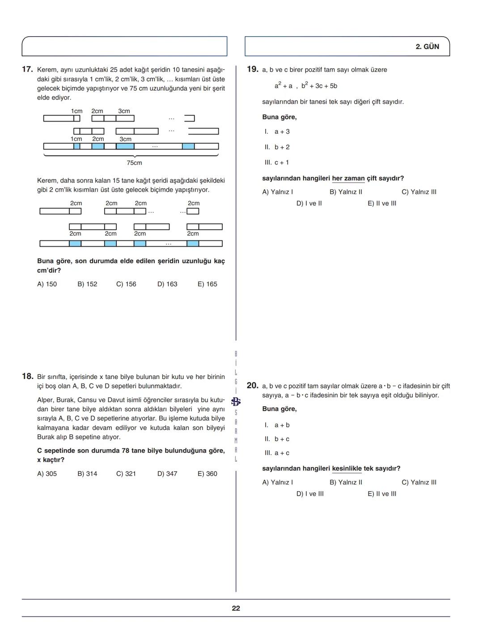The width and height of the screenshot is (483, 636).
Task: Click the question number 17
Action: [x=27, y=69]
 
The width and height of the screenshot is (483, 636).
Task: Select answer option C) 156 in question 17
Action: [x=126, y=284]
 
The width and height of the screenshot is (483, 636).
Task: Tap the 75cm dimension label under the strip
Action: [x=134, y=163]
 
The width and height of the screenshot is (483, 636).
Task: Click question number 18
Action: [x=27, y=376]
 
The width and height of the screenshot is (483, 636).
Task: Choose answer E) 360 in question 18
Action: [x=207, y=474]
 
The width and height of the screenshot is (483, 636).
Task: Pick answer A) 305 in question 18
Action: [x=47, y=474]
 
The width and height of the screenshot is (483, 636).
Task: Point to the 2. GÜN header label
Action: [x=427, y=46]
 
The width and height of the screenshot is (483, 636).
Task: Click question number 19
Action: [x=253, y=69]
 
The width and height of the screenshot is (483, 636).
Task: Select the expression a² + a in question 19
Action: [x=284, y=86]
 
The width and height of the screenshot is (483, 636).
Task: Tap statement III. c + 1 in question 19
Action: [x=277, y=163]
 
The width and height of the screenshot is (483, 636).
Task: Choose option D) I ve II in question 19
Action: [x=309, y=203]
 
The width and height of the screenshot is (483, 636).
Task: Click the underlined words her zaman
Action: [x=348, y=178]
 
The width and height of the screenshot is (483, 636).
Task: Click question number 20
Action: [x=253, y=385]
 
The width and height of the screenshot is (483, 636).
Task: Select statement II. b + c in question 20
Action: [x=277, y=439]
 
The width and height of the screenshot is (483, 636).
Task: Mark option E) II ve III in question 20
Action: [x=382, y=494]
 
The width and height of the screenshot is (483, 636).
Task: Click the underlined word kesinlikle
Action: [x=347, y=468]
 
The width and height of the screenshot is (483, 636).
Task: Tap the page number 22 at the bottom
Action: [x=236, y=608]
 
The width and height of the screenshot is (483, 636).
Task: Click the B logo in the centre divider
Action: [x=236, y=401]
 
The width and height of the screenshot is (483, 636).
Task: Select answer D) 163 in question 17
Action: [x=167, y=284]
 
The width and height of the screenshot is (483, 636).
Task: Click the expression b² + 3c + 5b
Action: [x=319, y=86]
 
